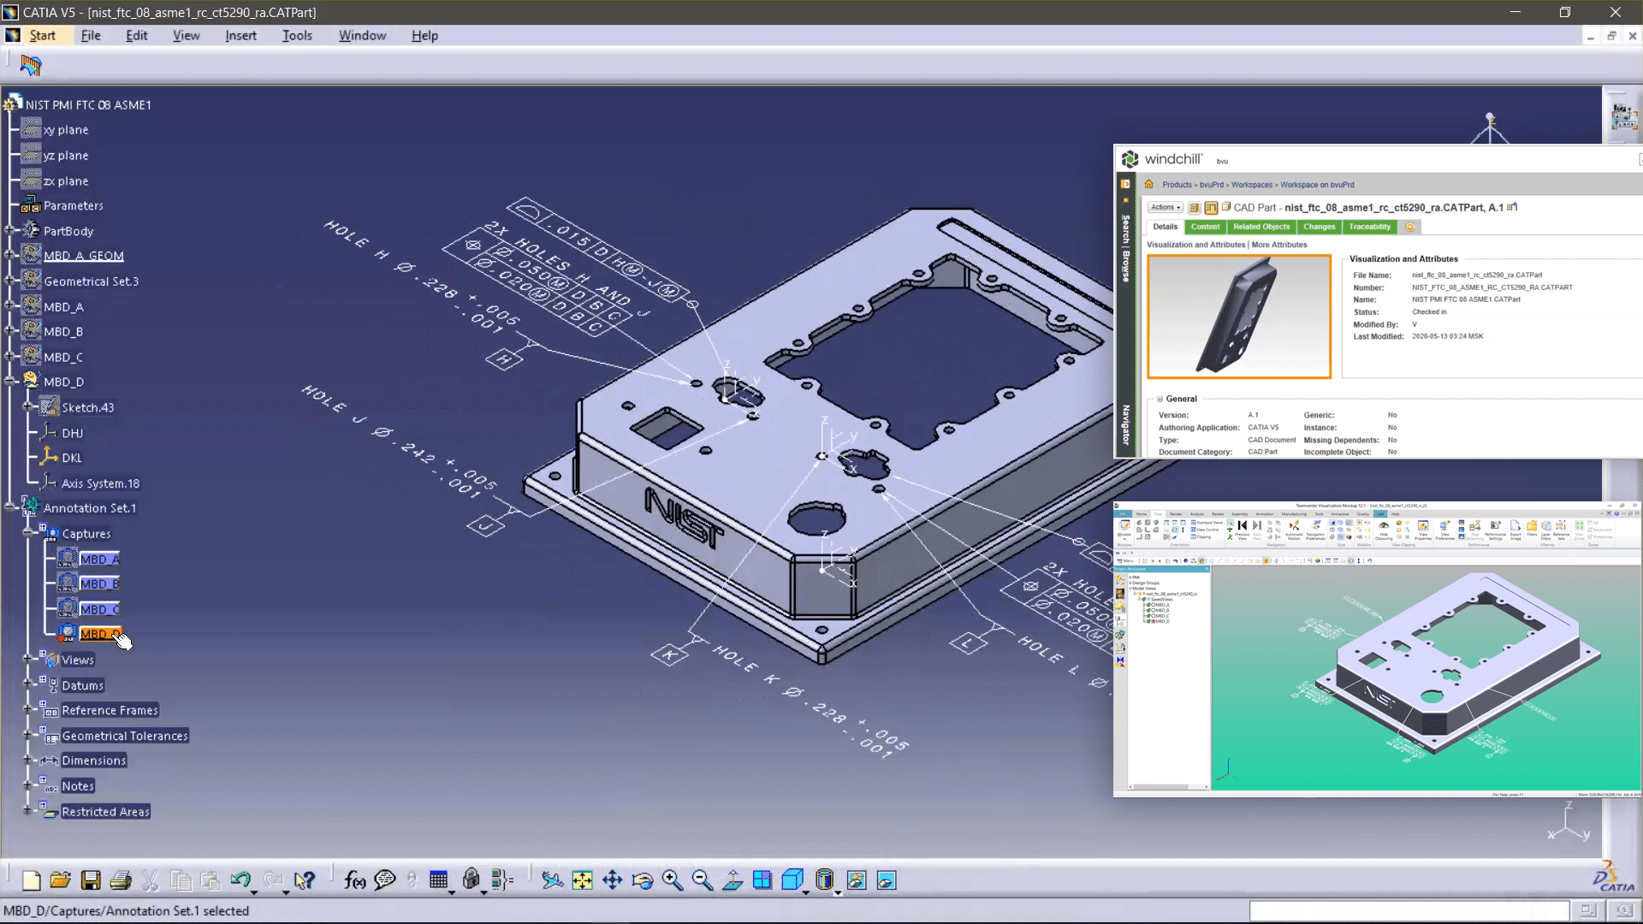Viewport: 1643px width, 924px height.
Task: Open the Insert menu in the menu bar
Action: click(x=240, y=35)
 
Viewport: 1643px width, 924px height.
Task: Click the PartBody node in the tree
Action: click(x=68, y=231)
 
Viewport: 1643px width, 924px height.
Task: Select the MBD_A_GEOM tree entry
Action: click(x=83, y=256)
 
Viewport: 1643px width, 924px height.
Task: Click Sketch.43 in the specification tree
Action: click(x=87, y=408)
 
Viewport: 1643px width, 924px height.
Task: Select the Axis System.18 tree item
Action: click(x=100, y=483)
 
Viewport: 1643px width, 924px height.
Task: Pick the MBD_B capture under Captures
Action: click(x=98, y=584)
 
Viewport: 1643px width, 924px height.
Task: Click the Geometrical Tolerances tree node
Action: click(x=124, y=736)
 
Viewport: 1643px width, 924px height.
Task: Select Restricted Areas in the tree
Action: click(x=105, y=812)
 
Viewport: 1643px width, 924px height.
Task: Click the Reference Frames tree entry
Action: click(x=110, y=710)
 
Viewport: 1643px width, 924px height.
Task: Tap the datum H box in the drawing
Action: click(x=504, y=359)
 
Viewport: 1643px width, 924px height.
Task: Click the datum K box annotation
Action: click(x=669, y=655)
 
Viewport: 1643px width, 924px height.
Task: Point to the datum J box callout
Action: click(x=485, y=525)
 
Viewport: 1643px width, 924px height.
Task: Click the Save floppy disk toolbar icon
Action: click(x=91, y=880)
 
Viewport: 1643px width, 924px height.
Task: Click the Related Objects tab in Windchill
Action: click(x=1261, y=227)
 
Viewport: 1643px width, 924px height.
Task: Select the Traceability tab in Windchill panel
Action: click(x=1369, y=227)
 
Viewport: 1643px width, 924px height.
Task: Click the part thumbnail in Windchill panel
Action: click(x=1238, y=317)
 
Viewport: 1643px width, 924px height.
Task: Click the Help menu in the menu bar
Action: click(x=424, y=35)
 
